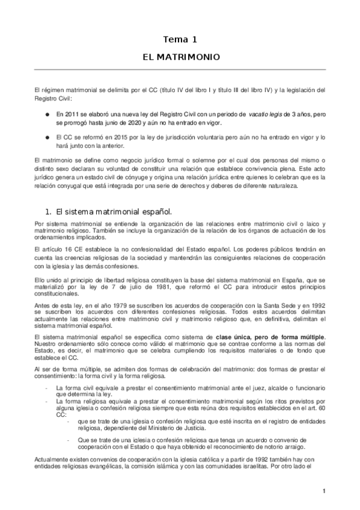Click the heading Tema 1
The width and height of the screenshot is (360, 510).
coord(180,40)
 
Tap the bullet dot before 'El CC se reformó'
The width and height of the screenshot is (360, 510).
coord(47,137)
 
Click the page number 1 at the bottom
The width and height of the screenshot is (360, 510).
coord(323,492)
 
